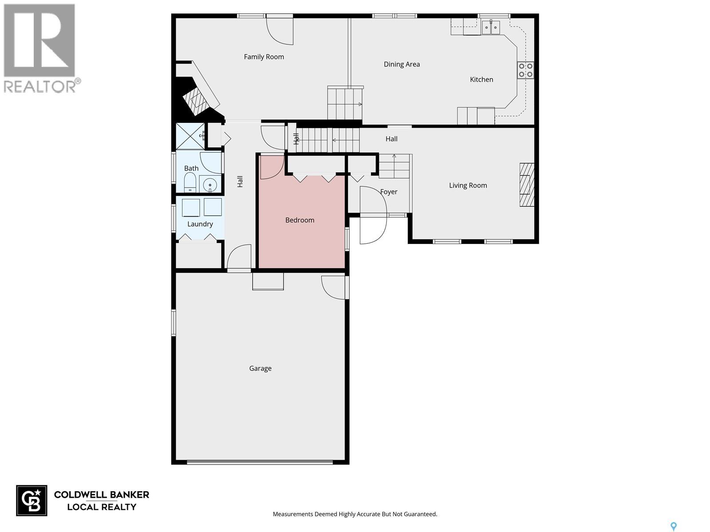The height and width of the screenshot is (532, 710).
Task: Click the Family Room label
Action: pos(264,57)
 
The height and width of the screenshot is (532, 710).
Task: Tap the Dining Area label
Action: pos(402,64)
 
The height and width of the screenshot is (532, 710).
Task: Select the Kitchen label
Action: pos(481,79)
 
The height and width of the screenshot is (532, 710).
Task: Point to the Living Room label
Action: pos(468,185)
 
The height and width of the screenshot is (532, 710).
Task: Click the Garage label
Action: pos(260,368)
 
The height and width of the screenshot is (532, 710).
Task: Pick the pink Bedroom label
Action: pos(300,220)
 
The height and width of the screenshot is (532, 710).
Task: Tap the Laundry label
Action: pos(200,224)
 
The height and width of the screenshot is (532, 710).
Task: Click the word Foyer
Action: pos(388,192)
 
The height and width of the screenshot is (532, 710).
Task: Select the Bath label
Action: pos(191,168)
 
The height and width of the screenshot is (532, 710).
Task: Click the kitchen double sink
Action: pos(491,27)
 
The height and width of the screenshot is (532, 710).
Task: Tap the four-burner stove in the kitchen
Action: pos(525,70)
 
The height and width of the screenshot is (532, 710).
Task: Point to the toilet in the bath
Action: pos(190,182)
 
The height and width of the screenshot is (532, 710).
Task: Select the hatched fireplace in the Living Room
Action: pos(527,185)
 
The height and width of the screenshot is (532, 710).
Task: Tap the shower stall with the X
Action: pos(190,136)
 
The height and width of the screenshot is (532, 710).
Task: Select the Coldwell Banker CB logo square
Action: pos(32,501)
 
